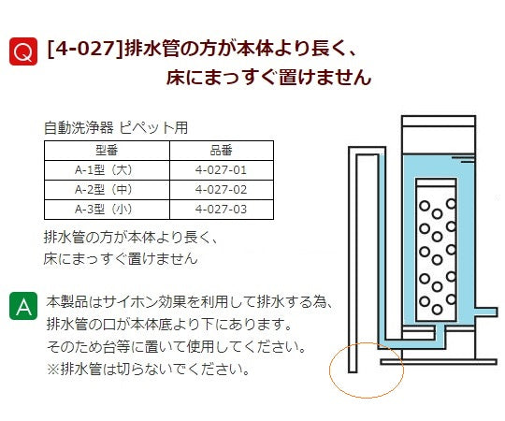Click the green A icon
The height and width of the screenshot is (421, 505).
(23, 305)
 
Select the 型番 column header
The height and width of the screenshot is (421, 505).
(107, 151)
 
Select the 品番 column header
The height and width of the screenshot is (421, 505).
(221, 151)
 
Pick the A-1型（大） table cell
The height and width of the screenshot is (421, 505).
(107, 169)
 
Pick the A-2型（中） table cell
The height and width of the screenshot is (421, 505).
(107, 189)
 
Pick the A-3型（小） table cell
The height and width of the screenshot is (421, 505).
(107, 208)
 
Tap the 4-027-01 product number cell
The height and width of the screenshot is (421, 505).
(221, 169)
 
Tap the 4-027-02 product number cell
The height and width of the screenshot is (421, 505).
(221, 189)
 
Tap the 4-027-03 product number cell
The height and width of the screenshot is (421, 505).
(221, 208)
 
